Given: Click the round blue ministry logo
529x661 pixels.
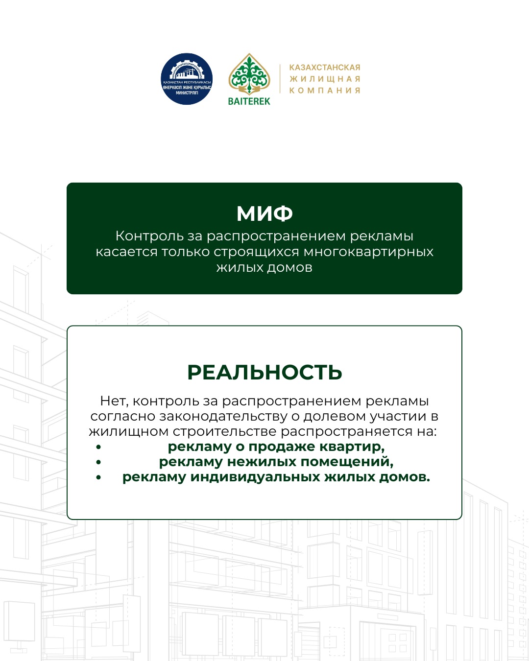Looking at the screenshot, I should (x=187, y=79).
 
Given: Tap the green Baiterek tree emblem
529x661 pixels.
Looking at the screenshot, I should (x=249, y=74).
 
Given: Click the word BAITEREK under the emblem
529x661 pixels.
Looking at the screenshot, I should (x=249, y=101).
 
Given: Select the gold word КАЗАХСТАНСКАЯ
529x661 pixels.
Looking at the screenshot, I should (x=325, y=68).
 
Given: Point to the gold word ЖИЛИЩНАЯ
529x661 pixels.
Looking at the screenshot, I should (x=325, y=79).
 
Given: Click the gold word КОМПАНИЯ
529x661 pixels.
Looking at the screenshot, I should (x=325, y=91).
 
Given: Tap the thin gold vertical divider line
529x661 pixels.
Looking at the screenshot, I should (x=280, y=79).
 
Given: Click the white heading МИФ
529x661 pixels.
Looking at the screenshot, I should (x=264, y=213).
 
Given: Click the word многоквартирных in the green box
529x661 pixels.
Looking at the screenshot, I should (x=368, y=252).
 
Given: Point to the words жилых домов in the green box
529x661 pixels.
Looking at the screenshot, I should (x=264, y=267).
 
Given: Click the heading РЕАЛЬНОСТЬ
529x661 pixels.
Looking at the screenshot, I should (x=264, y=373).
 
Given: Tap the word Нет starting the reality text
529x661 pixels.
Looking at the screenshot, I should (x=114, y=401).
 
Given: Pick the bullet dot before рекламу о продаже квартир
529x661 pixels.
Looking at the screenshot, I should (x=99, y=447).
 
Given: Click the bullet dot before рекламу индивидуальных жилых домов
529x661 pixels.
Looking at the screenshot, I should (x=99, y=477).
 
